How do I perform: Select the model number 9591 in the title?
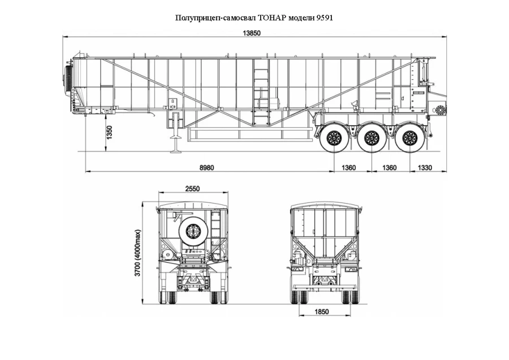[324, 18]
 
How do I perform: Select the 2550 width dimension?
[192, 189]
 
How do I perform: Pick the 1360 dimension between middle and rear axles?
[390, 168]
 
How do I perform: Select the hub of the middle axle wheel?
[371, 137]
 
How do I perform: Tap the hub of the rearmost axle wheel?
[409, 137]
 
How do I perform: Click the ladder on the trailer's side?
[261, 93]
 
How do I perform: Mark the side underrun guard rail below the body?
[249, 134]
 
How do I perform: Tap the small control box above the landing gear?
[170, 104]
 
